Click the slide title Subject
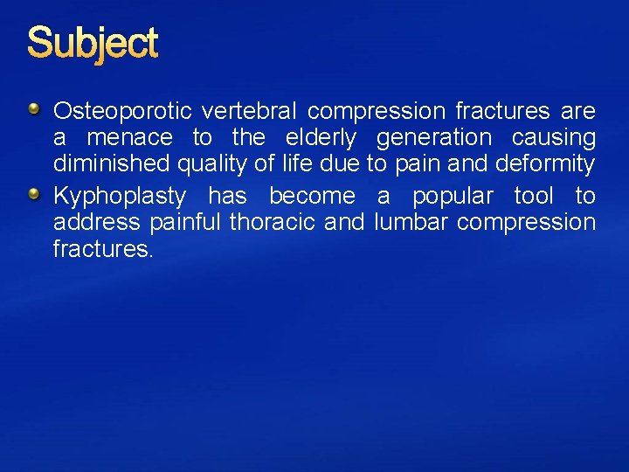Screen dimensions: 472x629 93,44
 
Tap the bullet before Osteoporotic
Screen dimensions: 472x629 33,110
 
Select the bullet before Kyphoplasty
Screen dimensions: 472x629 33,194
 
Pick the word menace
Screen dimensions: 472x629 129,138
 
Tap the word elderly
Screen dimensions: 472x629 321,138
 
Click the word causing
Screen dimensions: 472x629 554,138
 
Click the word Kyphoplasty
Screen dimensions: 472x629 119,196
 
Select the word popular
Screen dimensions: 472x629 453,196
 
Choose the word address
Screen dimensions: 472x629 96,222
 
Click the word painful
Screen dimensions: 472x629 184,222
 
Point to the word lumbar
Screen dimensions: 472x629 411,222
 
